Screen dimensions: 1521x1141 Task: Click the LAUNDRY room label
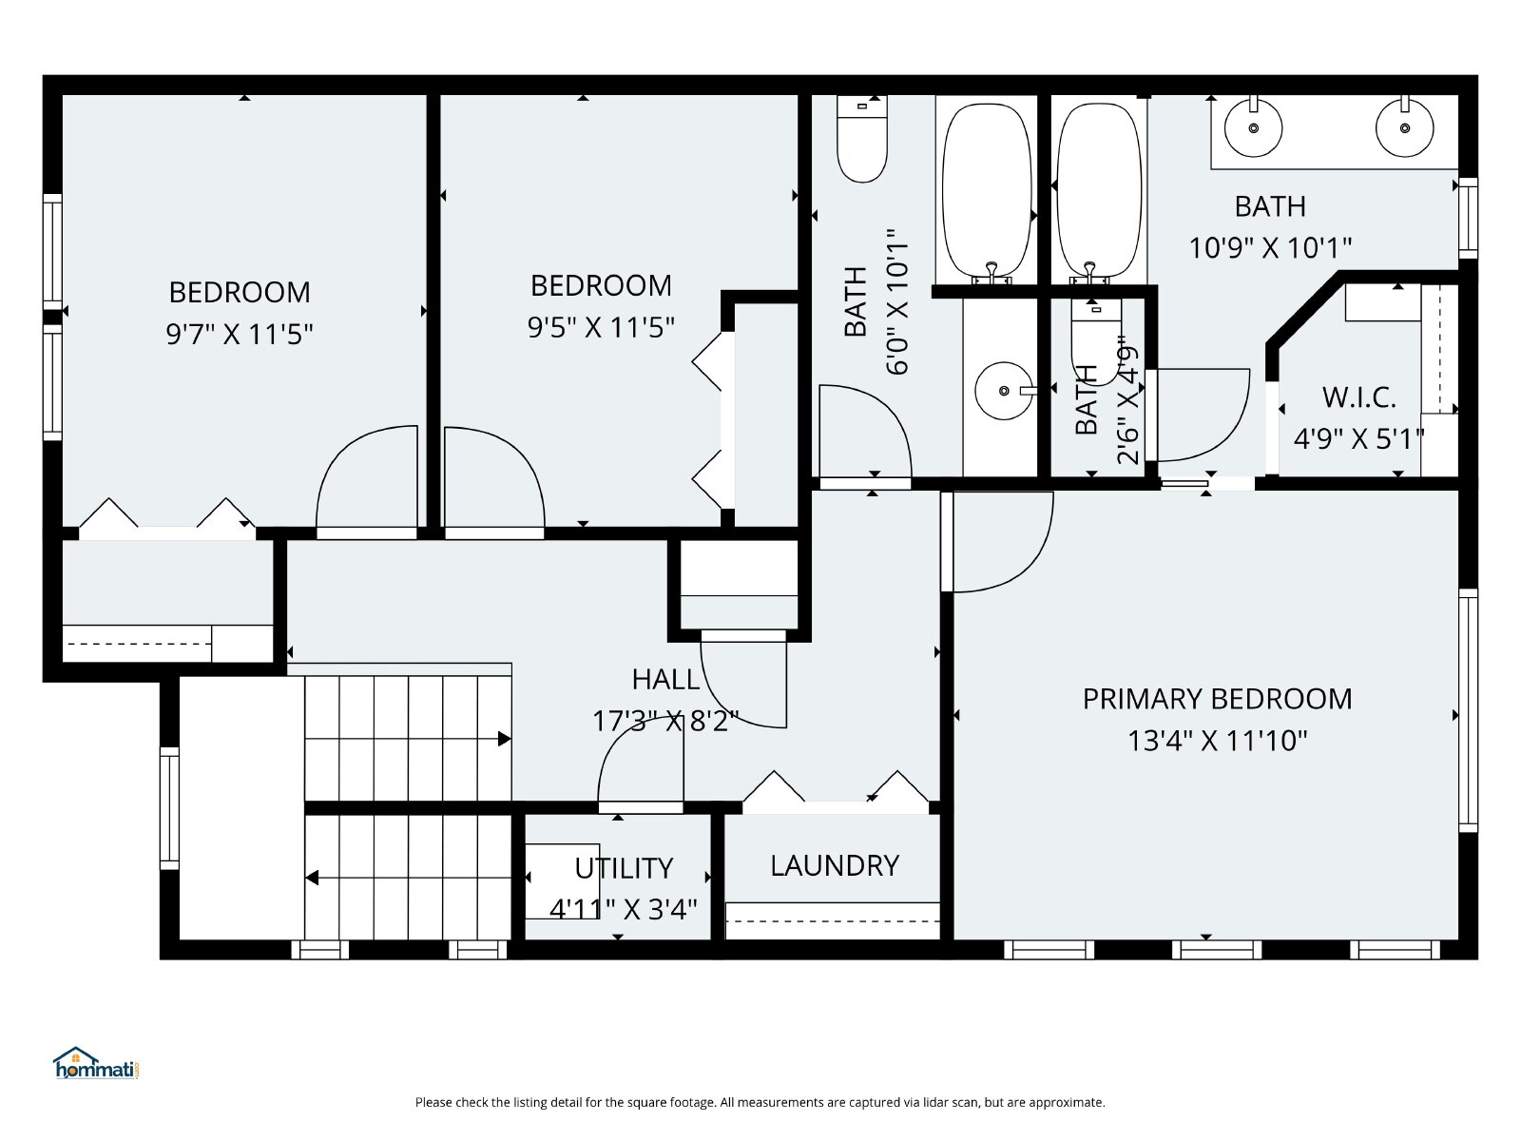point(835,865)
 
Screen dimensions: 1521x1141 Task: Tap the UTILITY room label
point(624,868)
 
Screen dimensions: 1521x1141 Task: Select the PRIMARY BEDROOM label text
point(1218,699)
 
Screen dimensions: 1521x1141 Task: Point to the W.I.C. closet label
point(1358,397)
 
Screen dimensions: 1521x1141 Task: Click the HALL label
point(666,680)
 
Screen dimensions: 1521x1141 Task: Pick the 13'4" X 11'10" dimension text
point(1218,741)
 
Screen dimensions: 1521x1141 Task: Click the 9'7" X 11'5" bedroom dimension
point(239,334)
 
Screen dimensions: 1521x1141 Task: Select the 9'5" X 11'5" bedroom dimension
point(601,327)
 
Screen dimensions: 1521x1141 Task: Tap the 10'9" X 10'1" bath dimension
point(1270,247)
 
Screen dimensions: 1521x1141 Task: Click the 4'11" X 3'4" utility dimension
point(623,909)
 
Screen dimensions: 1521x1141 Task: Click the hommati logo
point(96,1063)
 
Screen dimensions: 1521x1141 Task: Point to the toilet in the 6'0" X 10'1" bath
point(862,139)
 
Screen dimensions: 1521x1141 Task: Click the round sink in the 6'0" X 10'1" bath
point(1003,391)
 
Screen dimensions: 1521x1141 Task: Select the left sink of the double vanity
point(1254,128)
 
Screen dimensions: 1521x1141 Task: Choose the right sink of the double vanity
point(1405,128)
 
